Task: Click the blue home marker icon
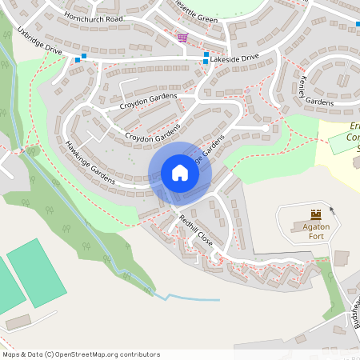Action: [x=179, y=173]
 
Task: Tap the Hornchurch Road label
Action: [x=95, y=18]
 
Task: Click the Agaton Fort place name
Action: [x=315, y=231]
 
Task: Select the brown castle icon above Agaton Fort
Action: [x=315, y=214]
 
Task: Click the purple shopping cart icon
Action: [x=183, y=38]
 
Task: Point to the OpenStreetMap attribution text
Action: [x=81, y=354]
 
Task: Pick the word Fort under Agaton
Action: [x=315, y=237]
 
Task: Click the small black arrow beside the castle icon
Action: [x=331, y=210]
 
